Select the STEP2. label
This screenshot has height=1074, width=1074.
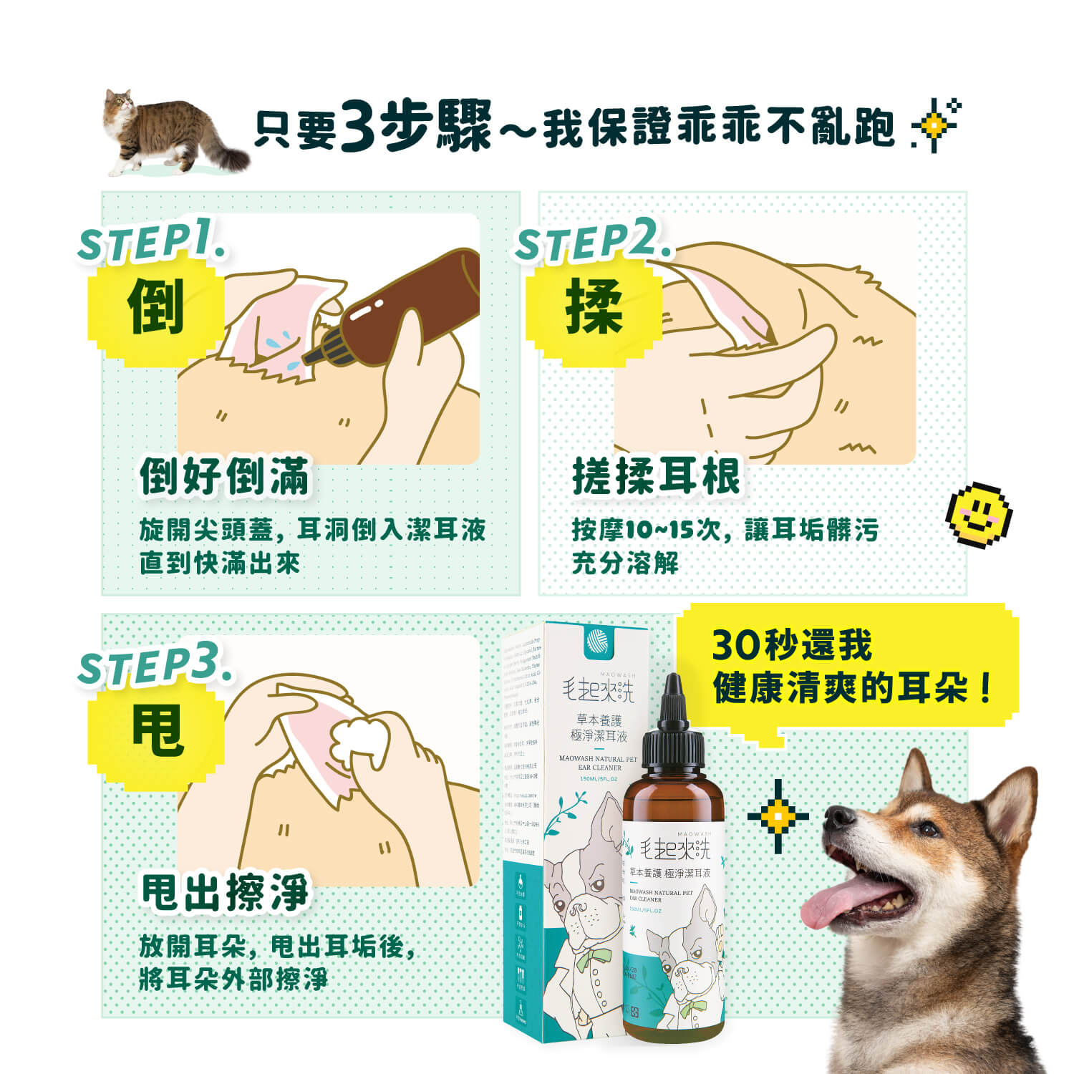pyautogui.click(x=593, y=241)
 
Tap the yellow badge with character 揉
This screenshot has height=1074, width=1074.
pyautogui.click(x=594, y=308)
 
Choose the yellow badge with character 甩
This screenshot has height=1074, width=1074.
pyautogui.click(x=157, y=731)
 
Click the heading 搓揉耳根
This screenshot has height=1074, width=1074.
pyautogui.click(x=655, y=477)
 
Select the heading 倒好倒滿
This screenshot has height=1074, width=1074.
pyautogui.click(x=224, y=477)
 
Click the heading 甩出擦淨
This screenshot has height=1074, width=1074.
pyautogui.click(x=224, y=893)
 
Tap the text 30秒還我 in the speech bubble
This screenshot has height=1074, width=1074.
pyautogui.click(x=791, y=645)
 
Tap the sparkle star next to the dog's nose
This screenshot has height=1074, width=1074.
pyautogui.click(x=778, y=816)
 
